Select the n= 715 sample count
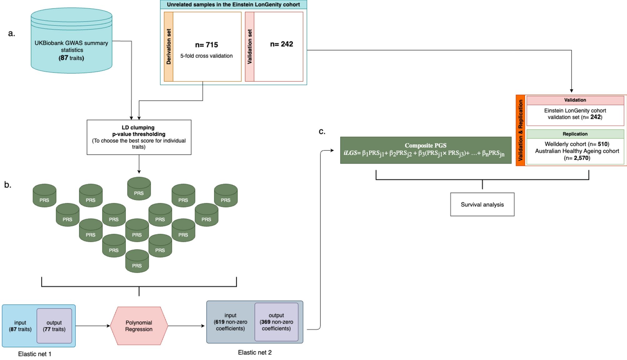click(207, 45)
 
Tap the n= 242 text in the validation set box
click(281, 44)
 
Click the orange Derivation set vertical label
click(169, 47)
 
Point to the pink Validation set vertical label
click(250, 47)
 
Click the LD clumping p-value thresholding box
click(139, 137)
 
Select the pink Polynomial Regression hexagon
click(139, 326)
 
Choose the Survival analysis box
click(482, 205)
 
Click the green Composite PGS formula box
click(425, 150)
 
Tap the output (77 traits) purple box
click(54, 326)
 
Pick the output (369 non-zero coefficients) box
click(276, 322)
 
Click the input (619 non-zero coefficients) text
click(231, 322)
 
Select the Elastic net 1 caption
click(35, 354)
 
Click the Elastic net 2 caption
click(255, 352)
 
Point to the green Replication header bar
click(575, 134)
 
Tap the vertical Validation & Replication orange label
click(520, 130)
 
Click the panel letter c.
click(322, 131)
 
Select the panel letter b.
click(7, 185)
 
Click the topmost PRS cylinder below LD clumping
click(139, 189)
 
